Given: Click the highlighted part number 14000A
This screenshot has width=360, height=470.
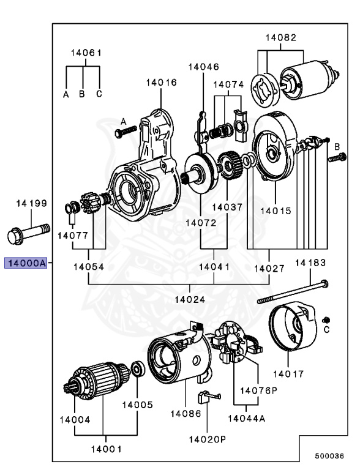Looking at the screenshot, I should [26, 263].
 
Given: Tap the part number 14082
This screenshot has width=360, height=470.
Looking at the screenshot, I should [281, 37].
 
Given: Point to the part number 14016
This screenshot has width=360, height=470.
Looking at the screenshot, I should [161, 82].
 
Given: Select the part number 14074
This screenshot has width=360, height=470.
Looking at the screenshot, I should [228, 84].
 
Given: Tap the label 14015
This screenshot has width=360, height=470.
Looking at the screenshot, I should [276, 211].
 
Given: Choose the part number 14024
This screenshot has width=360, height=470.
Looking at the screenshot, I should [190, 299].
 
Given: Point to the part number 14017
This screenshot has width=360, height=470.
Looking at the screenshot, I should [288, 373].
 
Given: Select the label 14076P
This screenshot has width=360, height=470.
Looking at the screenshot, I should [258, 390].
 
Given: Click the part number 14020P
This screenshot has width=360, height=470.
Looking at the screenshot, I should [208, 439].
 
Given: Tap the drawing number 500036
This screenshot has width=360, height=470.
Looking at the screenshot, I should [330, 456].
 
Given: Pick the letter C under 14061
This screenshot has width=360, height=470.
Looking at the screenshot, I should [99, 94].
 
